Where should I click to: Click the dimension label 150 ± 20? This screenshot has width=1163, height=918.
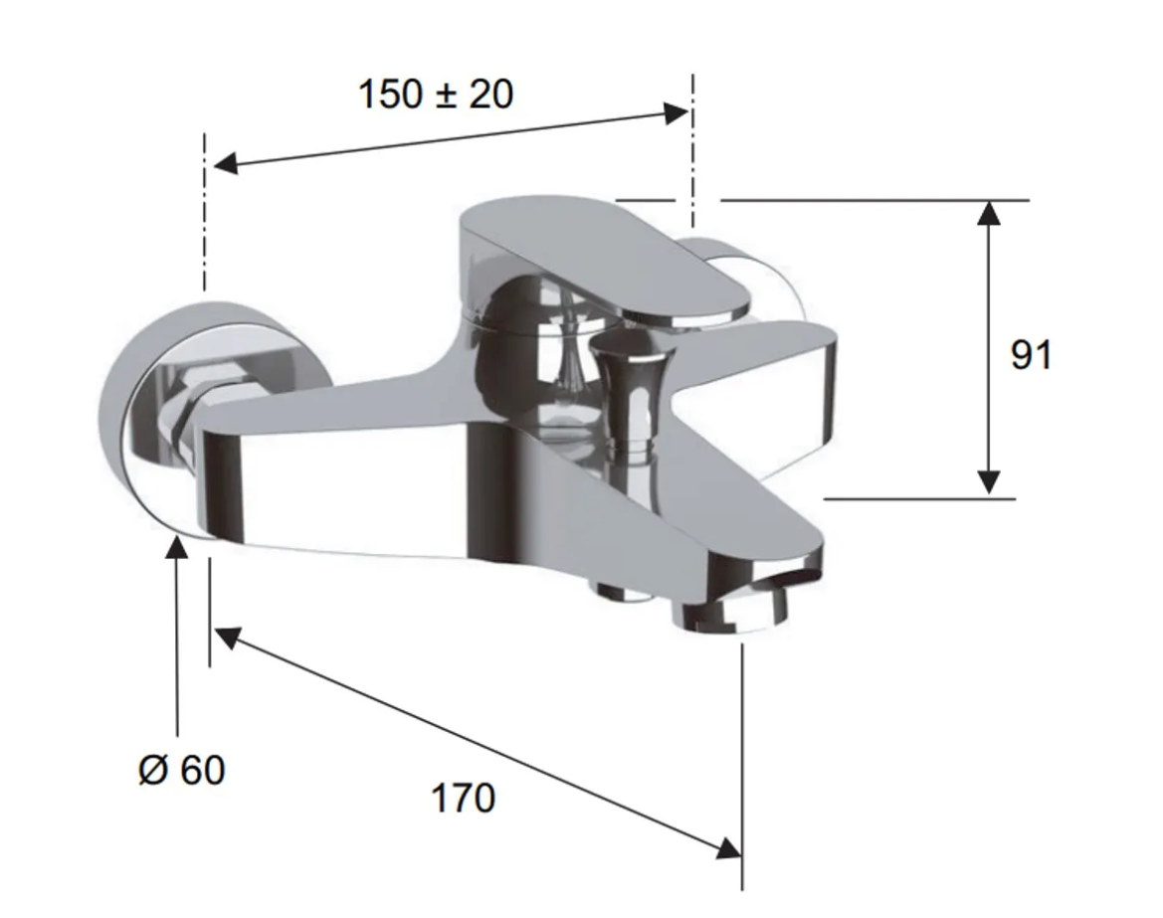pos(436,94)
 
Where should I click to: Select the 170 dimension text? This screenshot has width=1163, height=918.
pos(463,798)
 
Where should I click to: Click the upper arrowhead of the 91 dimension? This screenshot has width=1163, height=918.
pos(988,212)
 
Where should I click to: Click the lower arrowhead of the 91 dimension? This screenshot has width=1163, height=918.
pos(988,482)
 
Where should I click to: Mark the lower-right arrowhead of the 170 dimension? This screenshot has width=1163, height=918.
pos(729,847)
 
